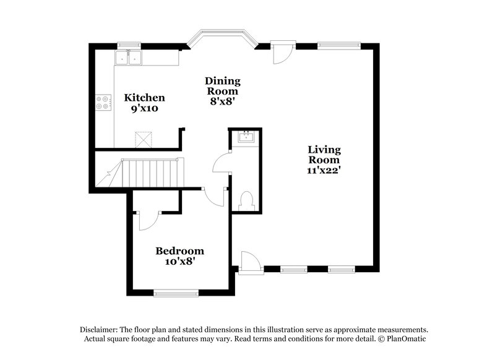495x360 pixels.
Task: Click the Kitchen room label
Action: click(x=144, y=98)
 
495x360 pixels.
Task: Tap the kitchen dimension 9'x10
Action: click(x=145, y=109)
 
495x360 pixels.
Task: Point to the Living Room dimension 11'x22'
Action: click(x=325, y=169)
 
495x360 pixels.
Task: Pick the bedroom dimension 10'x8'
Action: click(x=179, y=262)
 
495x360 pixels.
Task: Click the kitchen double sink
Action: click(x=128, y=58)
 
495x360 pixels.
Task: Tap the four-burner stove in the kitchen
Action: click(x=103, y=102)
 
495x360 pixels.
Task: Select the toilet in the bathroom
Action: click(x=245, y=200)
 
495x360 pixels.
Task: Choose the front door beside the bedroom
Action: click(x=247, y=263)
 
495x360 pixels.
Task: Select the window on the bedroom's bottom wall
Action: click(x=176, y=293)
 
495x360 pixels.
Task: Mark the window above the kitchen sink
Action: click(x=129, y=45)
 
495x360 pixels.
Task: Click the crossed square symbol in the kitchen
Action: click(x=144, y=138)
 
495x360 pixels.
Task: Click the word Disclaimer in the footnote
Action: click(x=100, y=330)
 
